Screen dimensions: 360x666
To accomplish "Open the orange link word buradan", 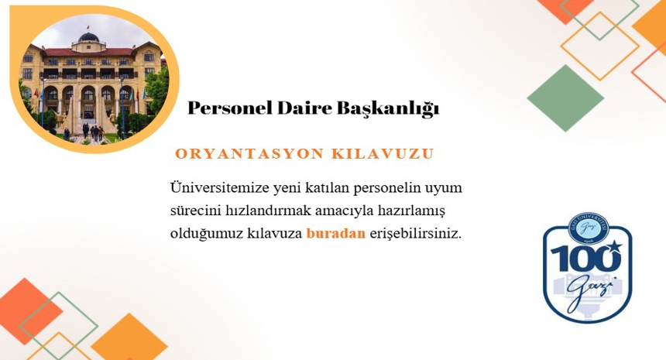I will (x=335, y=233).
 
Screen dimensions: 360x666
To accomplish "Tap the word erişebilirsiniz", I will (x=415, y=233).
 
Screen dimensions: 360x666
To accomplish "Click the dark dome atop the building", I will (x=89, y=36).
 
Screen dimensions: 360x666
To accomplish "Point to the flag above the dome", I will (x=89, y=27).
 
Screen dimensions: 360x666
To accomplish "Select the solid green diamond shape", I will (x=565, y=98).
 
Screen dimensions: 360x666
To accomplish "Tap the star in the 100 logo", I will (x=614, y=247).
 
